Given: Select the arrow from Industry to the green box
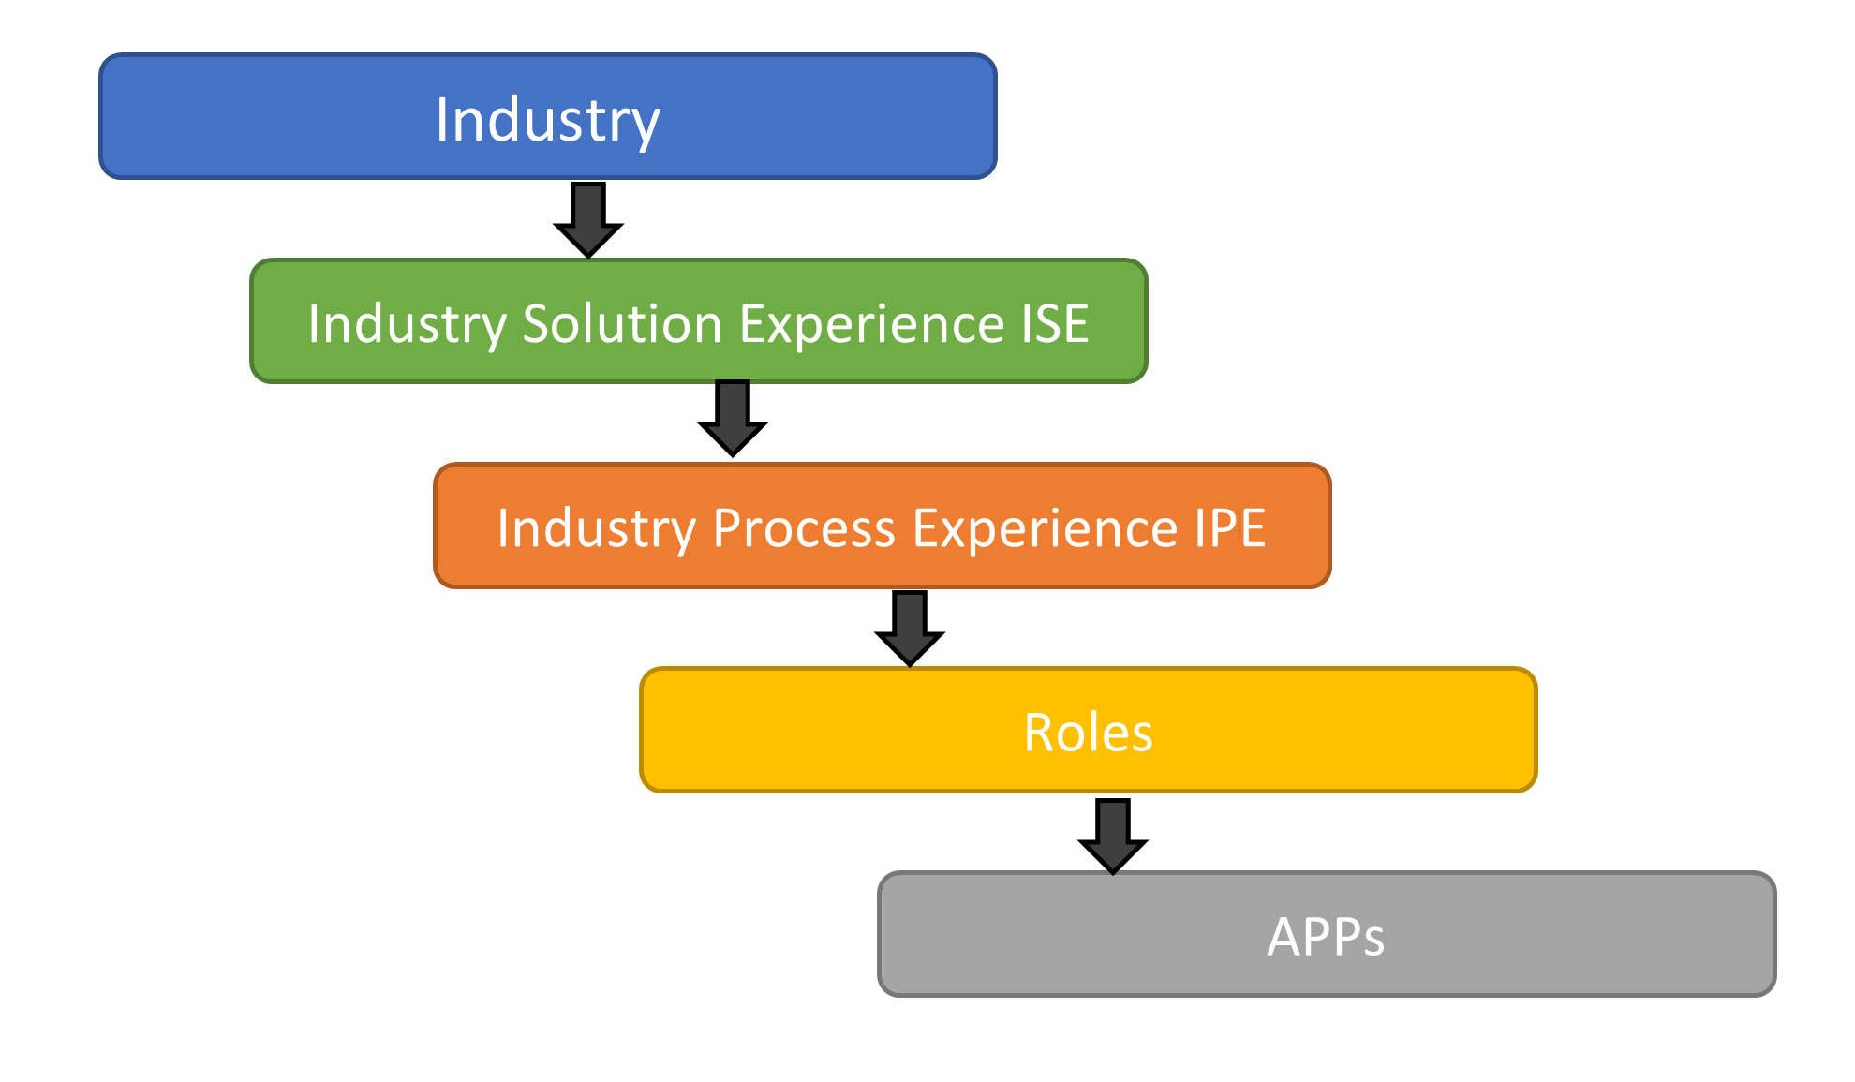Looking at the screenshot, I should point(588,219).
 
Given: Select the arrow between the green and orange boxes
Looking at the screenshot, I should point(733,418).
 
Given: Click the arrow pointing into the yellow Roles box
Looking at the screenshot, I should point(910,628).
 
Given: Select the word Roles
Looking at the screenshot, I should point(1088,732).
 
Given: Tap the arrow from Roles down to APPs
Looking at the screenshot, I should point(1113,836).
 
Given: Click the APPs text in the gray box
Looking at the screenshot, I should point(1326,936).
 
